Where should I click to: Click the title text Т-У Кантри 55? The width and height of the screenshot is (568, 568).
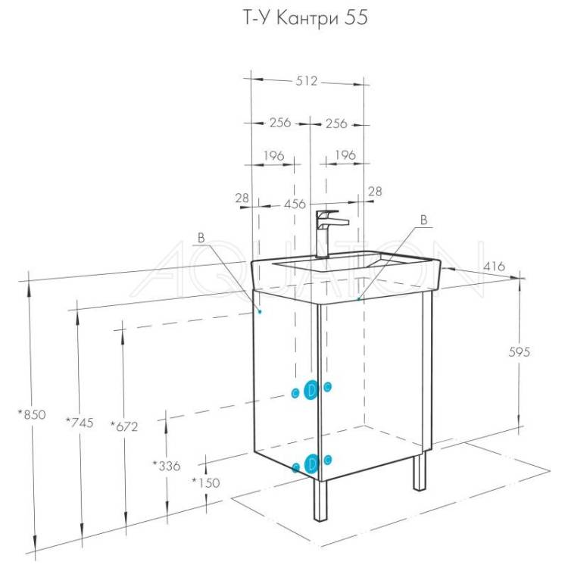(x=305, y=18)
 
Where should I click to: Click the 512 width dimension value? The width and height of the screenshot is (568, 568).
(x=307, y=81)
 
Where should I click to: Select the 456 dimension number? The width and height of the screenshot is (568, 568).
(x=295, y=204)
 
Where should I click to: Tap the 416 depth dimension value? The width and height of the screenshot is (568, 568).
(x=494, y=267)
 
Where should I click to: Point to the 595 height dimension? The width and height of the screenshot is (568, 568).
(x=519, y=351)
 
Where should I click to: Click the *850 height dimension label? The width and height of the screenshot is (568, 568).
(x=33, y=414)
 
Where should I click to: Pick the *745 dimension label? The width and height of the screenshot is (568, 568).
(x=80, y=423)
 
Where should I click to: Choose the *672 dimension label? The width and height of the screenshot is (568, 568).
(x=124, y=426)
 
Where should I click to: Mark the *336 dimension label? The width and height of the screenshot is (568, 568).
(x=167, y=466)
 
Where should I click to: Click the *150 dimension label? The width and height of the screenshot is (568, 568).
(x=206, y=482)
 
